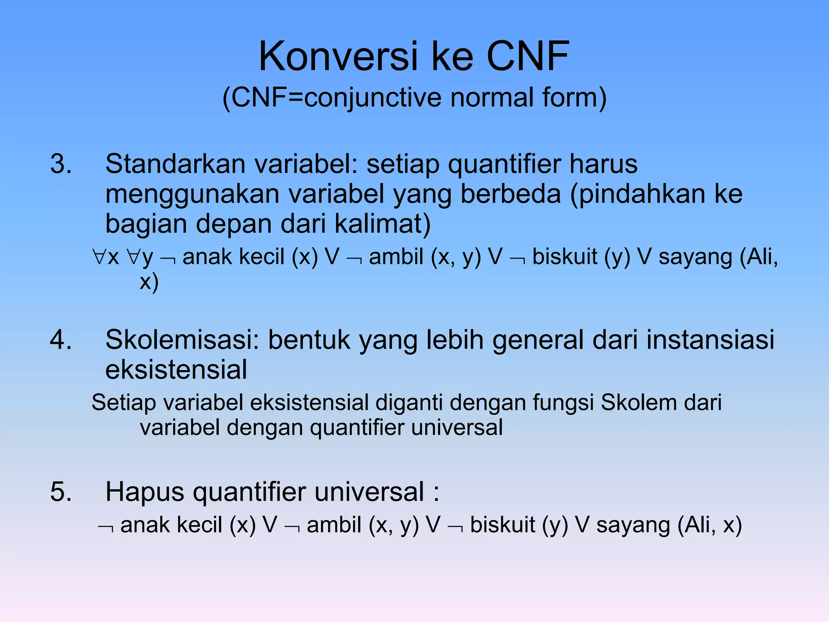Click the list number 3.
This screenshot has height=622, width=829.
coord(61,164)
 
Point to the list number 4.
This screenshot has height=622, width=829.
coord(61,339)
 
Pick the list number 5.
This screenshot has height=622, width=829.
coord(61,492)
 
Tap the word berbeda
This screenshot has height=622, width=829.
coord(510,194)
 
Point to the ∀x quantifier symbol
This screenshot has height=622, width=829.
coord(106,257)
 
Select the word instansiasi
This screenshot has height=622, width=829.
coord(710,339)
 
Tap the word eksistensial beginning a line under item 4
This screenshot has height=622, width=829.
coord(176,370)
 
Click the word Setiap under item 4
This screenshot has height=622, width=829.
coord(123,403)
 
